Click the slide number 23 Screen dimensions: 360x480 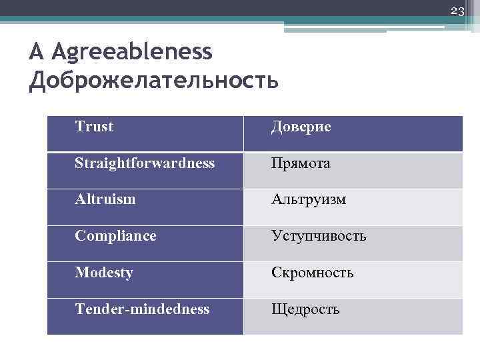click(457, 10)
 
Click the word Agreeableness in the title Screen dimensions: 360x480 click(131, 51)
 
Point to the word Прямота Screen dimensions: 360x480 click(300, 163)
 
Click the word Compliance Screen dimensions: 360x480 click(115, 236)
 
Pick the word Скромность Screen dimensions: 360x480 click(312, 273)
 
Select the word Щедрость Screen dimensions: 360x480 click(305, 310)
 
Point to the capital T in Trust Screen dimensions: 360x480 click(79, 127)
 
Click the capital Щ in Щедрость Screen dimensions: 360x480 click(277, 310)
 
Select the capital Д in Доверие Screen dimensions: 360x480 click(276, 127)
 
